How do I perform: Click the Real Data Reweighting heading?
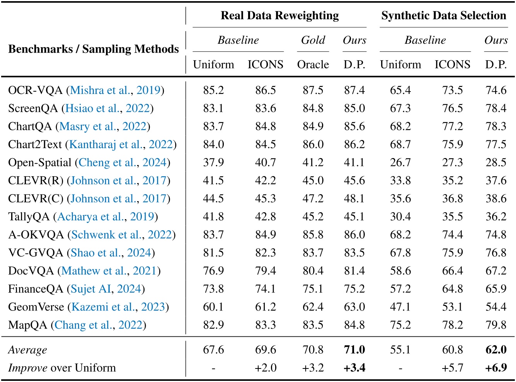click(x=279, y=15)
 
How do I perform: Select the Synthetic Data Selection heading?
click(x=443, y=15)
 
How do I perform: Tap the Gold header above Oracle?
click(x=313, y=40)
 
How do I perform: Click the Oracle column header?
click(x=313, y=64)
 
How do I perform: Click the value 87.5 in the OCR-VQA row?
click(x=313, y=90)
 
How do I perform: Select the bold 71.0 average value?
click(x=354, y=350)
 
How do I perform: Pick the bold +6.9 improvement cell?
click(x=496, y=367)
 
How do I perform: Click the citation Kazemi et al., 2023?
click(x=118, y=307)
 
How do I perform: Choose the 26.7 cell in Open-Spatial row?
click(x=400, y=162)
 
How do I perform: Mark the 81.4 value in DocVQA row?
click(x=354, y=271)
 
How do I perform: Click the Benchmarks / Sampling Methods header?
click(x=93, y=49)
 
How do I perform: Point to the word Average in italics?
click(x=27, y=350)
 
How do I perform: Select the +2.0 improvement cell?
click(x=265, y=367)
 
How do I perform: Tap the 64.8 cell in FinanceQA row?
click(x=452, y=289)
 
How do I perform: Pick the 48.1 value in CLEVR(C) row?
click(x=354, y=198)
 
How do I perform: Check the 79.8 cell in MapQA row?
click(x=496, y=325)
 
